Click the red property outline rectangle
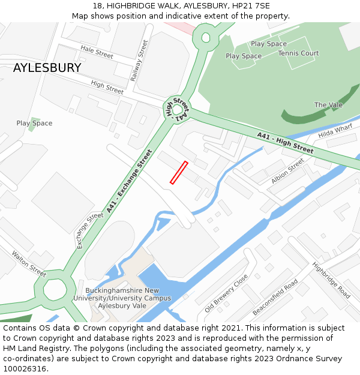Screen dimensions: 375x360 179,173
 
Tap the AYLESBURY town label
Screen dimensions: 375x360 47,68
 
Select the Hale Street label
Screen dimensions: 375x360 97,52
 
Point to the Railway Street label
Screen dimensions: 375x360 139,61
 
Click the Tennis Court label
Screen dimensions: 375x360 298,53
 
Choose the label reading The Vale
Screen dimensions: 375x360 328,105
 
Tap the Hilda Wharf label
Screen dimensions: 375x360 335,131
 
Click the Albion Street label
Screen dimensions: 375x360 288,171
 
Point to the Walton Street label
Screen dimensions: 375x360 28,264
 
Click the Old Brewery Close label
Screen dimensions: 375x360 226,293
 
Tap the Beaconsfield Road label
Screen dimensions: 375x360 275,297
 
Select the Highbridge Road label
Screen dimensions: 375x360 331,280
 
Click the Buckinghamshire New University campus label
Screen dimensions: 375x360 124,298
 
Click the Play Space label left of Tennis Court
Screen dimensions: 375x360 244,56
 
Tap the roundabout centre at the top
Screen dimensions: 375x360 206,38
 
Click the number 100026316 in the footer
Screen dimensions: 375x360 26,369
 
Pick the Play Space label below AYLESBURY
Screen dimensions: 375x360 34,123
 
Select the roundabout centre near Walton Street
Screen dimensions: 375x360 55,291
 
